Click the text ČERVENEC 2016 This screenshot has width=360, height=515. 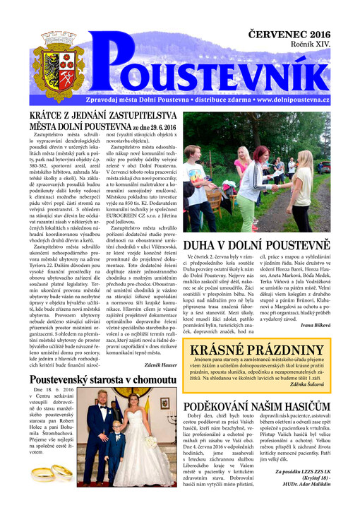(x=288, y=33)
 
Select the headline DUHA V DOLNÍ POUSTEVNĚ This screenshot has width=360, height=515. (x=257, y=245)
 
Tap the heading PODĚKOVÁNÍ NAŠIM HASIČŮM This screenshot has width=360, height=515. (x=257, y=408)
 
